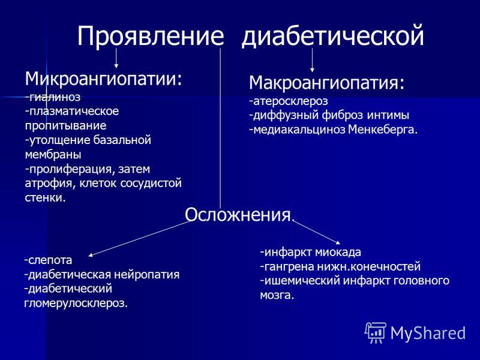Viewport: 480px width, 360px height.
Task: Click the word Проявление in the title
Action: (x=151, y=36)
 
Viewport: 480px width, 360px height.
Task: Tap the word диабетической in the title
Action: (x=333, y=36)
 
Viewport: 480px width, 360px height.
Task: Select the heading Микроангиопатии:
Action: (x=103, y=79)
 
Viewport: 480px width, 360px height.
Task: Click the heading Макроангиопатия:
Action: (x=326, y=83)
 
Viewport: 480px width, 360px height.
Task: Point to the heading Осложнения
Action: (x=238, y=215)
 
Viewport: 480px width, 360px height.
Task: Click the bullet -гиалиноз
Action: (x=53, y=97)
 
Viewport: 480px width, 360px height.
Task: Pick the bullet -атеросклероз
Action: (x=289, y=101)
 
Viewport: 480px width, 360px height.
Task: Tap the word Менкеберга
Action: (x=383, y=130)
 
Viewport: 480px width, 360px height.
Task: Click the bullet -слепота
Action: (x=49, y=260)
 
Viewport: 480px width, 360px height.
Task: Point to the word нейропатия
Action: (x=146, y=274)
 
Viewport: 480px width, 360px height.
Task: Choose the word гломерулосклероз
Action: (x=76, y=304)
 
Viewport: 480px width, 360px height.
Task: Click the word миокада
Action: (x=338, y=252)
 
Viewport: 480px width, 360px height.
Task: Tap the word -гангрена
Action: (x=287, y=266)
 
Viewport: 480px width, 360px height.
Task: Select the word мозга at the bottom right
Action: (x=277, y=295)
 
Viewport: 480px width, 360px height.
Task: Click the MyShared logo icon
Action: (x=376, y=333)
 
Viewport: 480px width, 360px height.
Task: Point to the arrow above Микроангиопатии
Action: (x=116, y=58)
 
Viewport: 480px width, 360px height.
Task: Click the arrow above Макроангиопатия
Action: (x=312, y=60)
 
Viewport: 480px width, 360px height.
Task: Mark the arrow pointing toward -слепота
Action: (x=139, y=238)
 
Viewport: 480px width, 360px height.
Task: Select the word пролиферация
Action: (x=67, y=169)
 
